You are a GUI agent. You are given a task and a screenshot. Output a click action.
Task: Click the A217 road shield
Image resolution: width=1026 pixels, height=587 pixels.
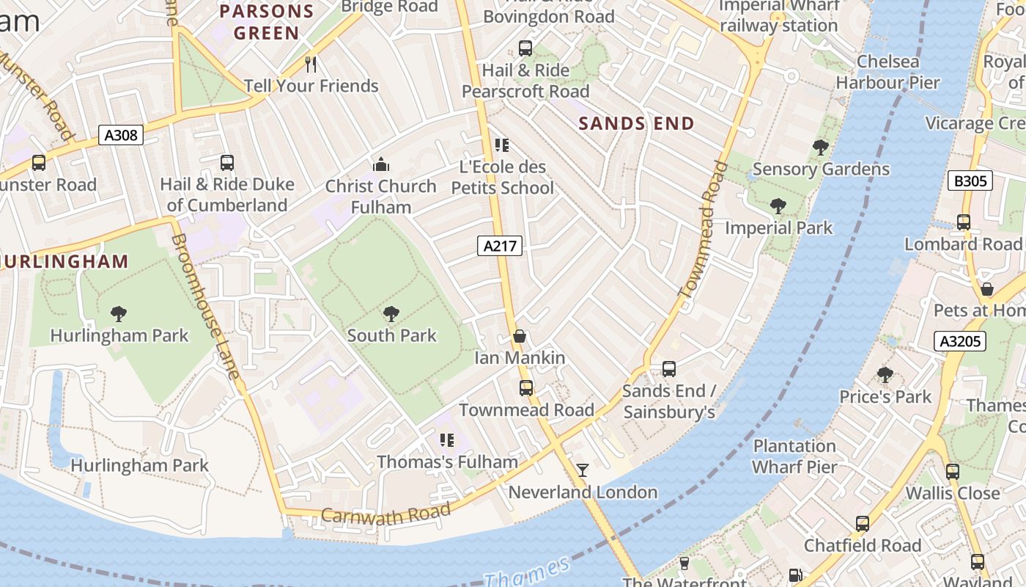coord(501,246)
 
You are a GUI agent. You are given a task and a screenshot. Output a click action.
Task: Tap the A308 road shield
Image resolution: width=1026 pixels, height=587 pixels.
coord(121,135)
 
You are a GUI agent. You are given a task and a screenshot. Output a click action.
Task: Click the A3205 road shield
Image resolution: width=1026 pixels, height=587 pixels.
coord(960,340)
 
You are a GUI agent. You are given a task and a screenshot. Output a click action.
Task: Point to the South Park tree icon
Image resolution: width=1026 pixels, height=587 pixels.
coord(391,314)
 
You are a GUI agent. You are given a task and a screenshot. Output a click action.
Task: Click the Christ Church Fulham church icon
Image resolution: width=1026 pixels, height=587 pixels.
coord(381,164)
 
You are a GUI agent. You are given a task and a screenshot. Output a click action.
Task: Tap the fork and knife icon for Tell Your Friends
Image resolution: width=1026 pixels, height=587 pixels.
coord(311,65)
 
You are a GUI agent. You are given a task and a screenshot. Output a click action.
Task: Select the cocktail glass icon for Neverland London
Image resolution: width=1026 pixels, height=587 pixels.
coord(583,470)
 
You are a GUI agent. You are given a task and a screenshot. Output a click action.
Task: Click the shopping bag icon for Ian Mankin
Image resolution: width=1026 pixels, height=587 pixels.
coord(520,337)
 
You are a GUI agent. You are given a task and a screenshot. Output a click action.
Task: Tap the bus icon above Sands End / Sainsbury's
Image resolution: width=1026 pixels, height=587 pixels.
coord(668,368)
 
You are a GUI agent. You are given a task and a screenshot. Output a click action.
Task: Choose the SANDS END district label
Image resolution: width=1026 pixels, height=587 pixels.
coord(636,124)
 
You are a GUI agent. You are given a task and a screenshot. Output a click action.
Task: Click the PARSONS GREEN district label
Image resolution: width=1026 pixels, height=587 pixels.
coord(267,22)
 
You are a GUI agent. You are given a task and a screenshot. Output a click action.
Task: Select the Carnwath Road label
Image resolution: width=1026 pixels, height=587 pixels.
coord(385,514)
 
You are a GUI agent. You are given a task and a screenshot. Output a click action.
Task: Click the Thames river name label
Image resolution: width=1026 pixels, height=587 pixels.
coord(527,572)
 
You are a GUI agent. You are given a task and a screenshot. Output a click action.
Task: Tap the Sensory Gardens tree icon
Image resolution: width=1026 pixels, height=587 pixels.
coord(821,147)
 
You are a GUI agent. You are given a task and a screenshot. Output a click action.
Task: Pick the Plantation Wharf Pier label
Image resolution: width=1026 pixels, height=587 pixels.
coord(794,456)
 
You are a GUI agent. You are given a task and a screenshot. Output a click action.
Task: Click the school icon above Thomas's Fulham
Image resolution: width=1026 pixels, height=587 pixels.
coord(447,440)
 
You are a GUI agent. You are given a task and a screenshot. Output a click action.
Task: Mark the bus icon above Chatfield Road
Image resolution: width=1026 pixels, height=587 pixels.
coord(863,524)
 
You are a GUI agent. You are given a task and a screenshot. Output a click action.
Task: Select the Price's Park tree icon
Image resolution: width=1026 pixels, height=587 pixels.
coord(885,375)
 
